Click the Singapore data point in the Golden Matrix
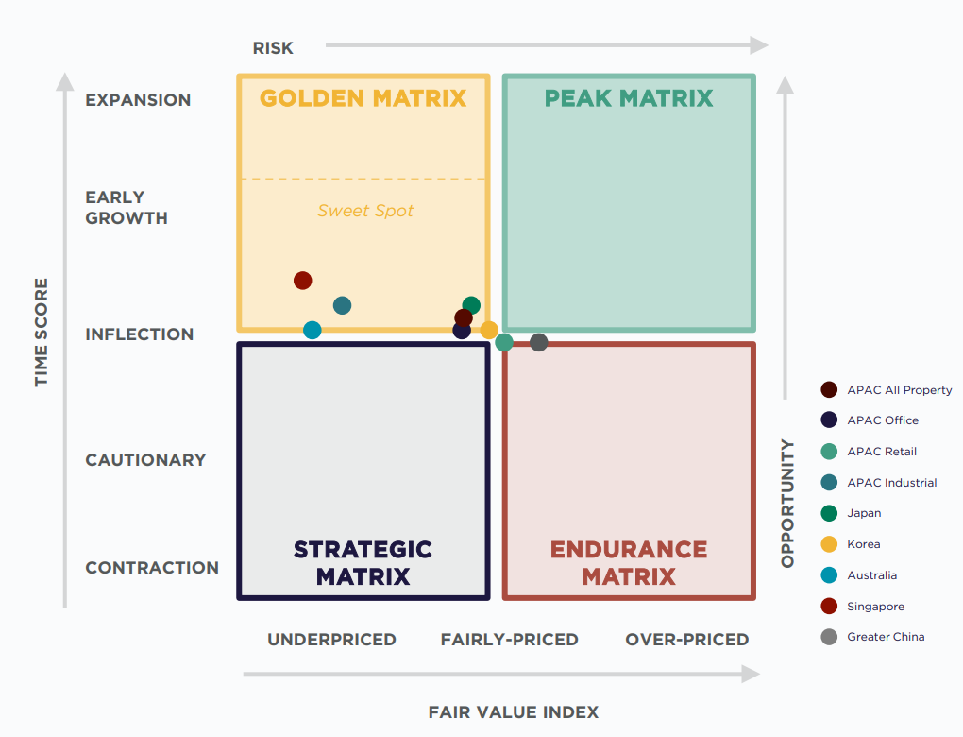pyautogui.click(x=302, y=281)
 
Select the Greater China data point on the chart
pyautogui.click(x=538, y=342)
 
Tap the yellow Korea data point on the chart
pyautogui.click(x=489, y=330)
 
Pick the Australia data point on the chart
pyautogui.click(x=313, y=330)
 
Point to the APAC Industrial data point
pyautogui.click(x=342, y=305)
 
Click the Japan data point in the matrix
pyautogui.click(x=471, y=305)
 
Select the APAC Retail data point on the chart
pyautogui.click(x=504, y=342)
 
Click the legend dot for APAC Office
pyautogui.click(x=829, y=420)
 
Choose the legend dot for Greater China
pyautogui.click(x=829, y=637)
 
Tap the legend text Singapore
pyautogui.click(x=875, y=607)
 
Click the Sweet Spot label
pyautogui.click(x=365, y=211)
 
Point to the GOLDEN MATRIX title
pyautogui.click(x=363, y=98)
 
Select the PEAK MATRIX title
pyautogui.click(x=629, y=98)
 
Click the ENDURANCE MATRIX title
pyautogui.click(x=629, y=563)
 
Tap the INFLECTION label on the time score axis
pyautogui.click(x=139, y=334)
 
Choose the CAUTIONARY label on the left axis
pyautogui.click(x=145, y=460)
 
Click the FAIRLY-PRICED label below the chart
pyautogui.click(x=509, y=640)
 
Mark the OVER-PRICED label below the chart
pyautogui.click(x=686, y=640)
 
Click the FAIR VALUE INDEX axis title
pyautogui.click(x=514, y=712)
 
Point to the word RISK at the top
pyautogui.click(x=273, y=48)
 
